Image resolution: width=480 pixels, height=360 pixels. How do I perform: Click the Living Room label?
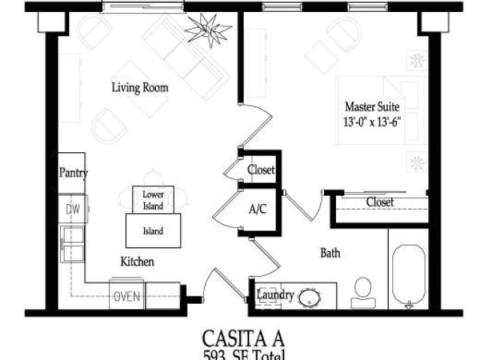coord(139,88)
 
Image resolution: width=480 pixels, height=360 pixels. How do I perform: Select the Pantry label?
coord(73,173)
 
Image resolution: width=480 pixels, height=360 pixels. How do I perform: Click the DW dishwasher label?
coord(73,209)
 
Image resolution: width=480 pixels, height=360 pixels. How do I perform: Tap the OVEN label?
coord(127,296)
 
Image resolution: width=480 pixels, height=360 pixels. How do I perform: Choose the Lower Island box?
coord(153,199)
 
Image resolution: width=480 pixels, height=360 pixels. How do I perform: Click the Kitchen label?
coord(137,262)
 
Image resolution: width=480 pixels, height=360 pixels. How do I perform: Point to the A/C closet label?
coord(258,211)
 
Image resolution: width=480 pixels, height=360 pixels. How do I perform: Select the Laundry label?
coord(275,294)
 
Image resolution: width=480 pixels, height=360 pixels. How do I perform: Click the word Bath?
coord(330,253)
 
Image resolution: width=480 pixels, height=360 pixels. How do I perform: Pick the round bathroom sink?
coord(310,298)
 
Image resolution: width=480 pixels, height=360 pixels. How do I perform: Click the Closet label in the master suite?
coord(379,202)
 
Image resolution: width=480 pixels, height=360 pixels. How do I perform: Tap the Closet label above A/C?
coord(261,170)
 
